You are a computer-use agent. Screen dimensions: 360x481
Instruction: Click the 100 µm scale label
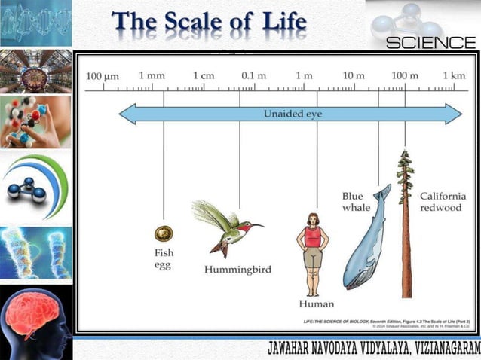(103, 76)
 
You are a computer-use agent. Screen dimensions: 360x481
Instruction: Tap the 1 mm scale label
(152, 76)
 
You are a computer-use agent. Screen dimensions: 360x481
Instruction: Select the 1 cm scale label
(204, 76)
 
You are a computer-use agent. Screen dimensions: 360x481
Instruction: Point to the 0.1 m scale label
(253, 76)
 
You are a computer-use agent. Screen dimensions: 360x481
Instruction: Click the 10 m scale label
(354, 76)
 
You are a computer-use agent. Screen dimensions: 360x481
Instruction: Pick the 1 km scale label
(454, 76)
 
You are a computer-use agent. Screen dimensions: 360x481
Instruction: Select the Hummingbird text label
(238, 269)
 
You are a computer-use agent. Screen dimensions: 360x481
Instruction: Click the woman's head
(312, 220)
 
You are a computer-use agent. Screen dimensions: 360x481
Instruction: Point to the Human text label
(316, 304)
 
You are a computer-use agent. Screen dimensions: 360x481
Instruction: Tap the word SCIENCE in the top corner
(430, 43)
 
